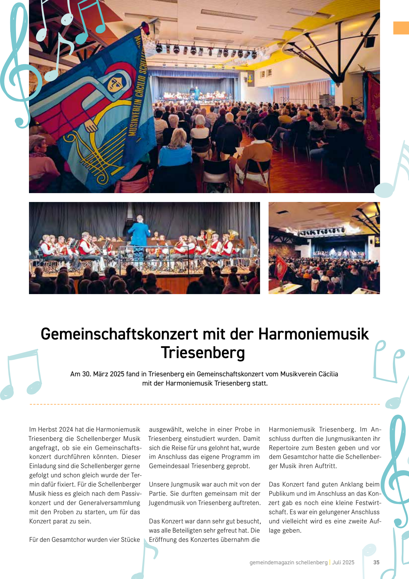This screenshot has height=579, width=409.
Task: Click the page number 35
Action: pos(376,562)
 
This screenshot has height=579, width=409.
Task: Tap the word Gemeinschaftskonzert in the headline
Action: pos(119,334)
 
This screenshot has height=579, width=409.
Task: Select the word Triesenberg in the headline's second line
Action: pos(203,353)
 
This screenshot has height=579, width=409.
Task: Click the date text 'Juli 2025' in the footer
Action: pos(343,562)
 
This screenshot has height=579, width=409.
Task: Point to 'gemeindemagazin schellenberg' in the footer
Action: pos(288,562)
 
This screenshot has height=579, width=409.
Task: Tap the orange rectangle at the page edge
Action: pos(401,28)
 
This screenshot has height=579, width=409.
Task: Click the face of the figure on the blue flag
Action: pos(116,84)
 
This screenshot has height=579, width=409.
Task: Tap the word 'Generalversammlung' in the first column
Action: pos(109,503)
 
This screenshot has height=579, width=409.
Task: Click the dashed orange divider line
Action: pos(204,404)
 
